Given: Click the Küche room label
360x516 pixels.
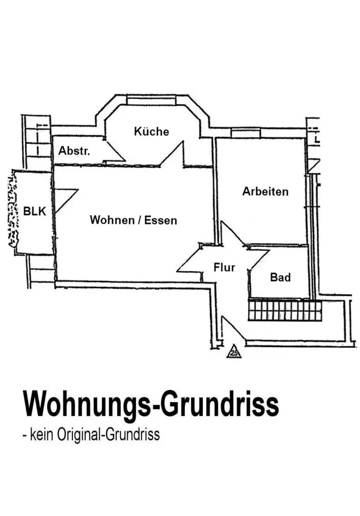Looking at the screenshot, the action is point(151,132).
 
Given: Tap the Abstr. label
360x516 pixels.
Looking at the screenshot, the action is point(74,151).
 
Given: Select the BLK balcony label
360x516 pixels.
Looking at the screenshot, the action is point(35,211).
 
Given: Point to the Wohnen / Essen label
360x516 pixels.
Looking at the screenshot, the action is point(133,220).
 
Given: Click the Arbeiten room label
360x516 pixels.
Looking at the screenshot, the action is point(265,192).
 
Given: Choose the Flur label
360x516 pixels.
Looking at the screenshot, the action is point(224,267).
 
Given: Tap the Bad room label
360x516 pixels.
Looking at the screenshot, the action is point(280,278).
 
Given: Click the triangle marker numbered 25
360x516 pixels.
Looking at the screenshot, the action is point(233,352).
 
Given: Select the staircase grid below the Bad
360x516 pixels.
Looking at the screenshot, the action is point(285,311).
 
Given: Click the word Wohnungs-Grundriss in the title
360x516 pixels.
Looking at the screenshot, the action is point(151,405).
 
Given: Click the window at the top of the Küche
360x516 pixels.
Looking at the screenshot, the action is point(151,100).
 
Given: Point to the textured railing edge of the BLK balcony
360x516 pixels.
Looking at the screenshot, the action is point(11,211).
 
